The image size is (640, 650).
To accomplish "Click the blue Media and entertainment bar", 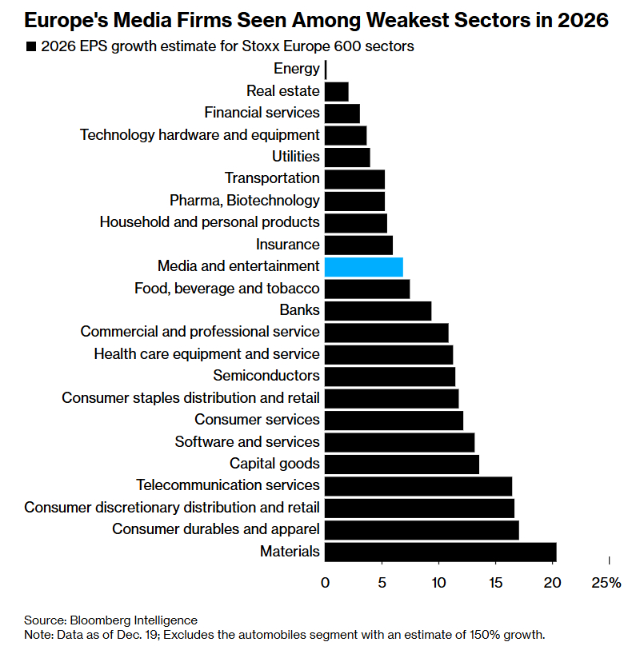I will (364, 266).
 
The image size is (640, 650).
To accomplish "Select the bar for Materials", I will (440, 551).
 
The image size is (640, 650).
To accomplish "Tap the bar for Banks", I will (378, 310).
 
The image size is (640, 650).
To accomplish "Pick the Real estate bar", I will (337, 91).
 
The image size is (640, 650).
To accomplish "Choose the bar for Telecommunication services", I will (418, 485).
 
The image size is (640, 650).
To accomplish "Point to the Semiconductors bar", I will (390, 376).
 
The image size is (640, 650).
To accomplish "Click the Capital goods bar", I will (402, 464).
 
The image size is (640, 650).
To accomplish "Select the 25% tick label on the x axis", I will (606, 583).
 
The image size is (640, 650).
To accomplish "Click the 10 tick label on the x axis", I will (438, 583).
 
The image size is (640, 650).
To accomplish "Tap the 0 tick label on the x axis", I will (326, 583).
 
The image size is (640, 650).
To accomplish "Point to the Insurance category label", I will (288, 245).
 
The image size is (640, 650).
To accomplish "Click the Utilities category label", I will (295, 157).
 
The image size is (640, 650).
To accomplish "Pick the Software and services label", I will (247, 441).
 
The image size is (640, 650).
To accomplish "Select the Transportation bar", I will (355, 178).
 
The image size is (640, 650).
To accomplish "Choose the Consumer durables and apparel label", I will (216, 529).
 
